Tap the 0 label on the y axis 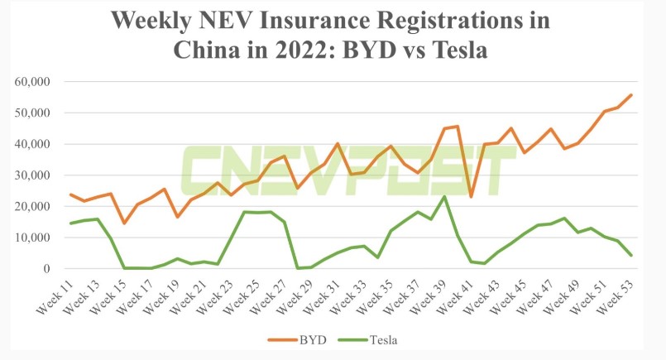pos(47,269)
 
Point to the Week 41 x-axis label pos(456,295)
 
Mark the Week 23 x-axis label pos(215,295)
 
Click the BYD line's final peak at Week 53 pos(631,94)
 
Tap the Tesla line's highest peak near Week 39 pos(444,196)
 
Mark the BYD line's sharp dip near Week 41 pos(471,197)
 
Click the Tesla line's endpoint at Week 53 pos(631,255)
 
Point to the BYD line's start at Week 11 pos(71,194)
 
